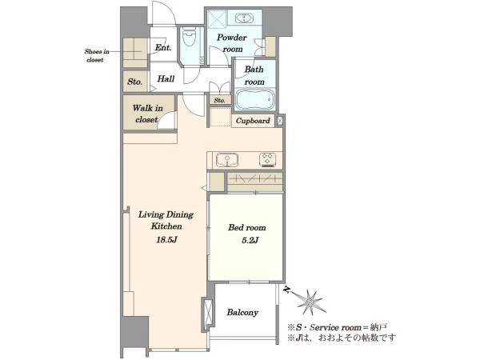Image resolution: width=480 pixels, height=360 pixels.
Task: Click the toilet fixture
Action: tap(189, 37)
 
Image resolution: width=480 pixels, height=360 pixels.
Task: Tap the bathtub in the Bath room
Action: tap(255, 99)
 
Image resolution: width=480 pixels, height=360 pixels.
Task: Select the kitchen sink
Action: tap(227, 160)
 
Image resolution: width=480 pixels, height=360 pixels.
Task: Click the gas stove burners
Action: tap(267, 160)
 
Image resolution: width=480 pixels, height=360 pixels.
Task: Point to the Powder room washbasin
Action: tap(244, 18)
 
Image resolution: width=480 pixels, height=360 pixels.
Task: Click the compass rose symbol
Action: tap(310, 302)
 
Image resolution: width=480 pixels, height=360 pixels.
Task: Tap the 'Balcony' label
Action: tap(242, 313)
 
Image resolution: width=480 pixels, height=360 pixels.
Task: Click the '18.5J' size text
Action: tap(166, 240)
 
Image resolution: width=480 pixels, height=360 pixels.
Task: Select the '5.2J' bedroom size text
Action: tap(250, 240)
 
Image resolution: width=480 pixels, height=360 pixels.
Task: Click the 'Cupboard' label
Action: tap(253, 121)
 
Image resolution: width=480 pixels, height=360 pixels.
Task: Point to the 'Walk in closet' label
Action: tap(147, 114)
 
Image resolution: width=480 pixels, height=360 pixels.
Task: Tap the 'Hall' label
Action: tap(166, 79)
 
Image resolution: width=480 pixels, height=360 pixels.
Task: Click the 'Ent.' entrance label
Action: tap(163, 47)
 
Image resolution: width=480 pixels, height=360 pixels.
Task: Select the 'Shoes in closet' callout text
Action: tap(97, 56)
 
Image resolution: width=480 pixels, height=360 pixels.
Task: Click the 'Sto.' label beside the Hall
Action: tap(135, 82)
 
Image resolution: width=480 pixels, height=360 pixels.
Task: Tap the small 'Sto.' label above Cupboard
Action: tap(220, 100)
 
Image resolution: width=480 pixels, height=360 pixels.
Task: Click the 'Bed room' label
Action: tap(246, 227)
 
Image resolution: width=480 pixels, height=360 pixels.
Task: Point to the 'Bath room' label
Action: tap(254, 76)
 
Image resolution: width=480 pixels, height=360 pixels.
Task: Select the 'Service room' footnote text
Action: tap(336, 327)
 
